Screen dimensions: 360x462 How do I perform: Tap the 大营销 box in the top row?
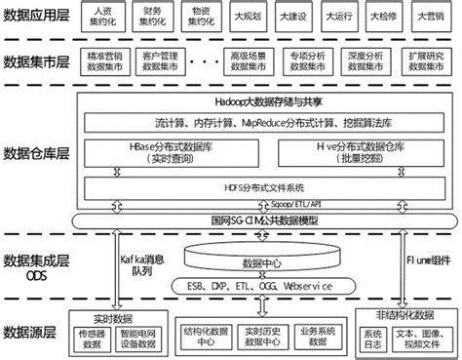(433, 18)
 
